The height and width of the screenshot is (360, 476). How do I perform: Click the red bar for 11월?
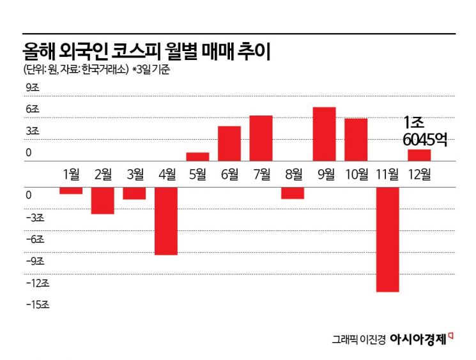click(388, 239)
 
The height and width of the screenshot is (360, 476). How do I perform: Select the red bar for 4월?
click(166, 221)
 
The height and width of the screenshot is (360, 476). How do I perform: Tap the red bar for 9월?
click(325, 134)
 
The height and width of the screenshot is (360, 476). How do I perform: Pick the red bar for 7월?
click(261, 139)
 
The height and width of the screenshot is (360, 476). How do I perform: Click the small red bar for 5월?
click(197, 156)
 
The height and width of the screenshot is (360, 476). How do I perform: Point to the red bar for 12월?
click(420, 155)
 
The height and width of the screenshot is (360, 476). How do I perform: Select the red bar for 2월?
click(103, 200)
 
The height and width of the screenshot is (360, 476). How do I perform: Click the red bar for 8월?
click(293, 193)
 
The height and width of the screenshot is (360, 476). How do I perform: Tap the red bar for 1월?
click(71, 190)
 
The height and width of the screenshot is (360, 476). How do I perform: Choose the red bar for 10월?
click(356, 140)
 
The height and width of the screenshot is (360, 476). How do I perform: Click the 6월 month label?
click(229, 174)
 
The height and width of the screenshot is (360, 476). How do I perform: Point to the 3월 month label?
click(135, 174)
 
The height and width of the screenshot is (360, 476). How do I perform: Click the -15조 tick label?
click(37, 304)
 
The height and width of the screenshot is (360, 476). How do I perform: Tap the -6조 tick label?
click(35, 239)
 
